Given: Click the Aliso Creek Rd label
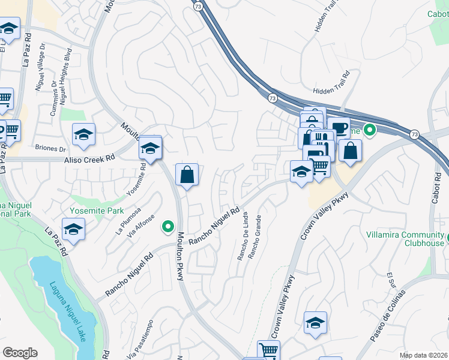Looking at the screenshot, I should click(x=90, y=160).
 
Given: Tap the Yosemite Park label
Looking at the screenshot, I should click(x=98, y=211).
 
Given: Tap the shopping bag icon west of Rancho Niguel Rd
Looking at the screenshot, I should click(x=187, y=175).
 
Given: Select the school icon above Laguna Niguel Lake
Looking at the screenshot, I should click(x=73, y=229).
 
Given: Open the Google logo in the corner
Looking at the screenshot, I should click(x=20, y=353).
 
